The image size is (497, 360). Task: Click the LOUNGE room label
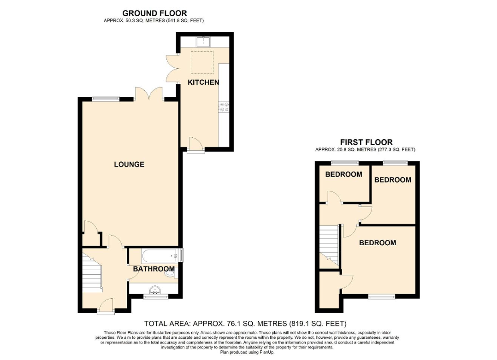[x=129, y=164]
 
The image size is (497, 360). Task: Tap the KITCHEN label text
[x=203, y=83]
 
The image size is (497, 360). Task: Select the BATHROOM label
[x=154, y=269]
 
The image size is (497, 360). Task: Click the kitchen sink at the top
[x=203, y=42]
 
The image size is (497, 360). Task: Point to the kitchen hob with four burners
[x=224, y=107]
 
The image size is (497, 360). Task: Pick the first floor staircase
[x=329, y=246]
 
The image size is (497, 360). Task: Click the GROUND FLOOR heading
[x=155, y=13]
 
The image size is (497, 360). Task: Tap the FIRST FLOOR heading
[x=367, y=142]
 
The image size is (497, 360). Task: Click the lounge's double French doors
[x=148, y=94]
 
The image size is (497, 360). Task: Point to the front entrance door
[x=106, y=306]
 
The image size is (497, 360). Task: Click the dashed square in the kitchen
[x=202, y=62]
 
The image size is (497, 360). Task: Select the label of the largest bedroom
[x=378, y=243]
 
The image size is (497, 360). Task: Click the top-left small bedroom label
[x=343, y=174]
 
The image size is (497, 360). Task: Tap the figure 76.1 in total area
[x=235, y=324]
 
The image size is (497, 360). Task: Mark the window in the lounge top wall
[x=106, y=99]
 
